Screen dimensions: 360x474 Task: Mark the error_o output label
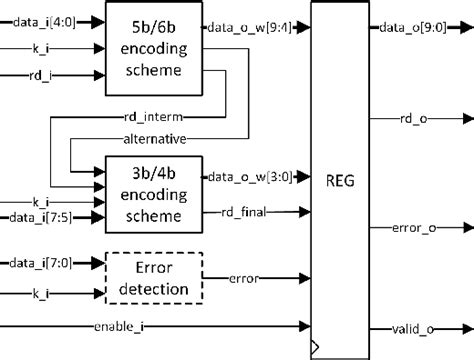[425, 228]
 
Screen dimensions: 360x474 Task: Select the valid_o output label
[425, 326]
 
